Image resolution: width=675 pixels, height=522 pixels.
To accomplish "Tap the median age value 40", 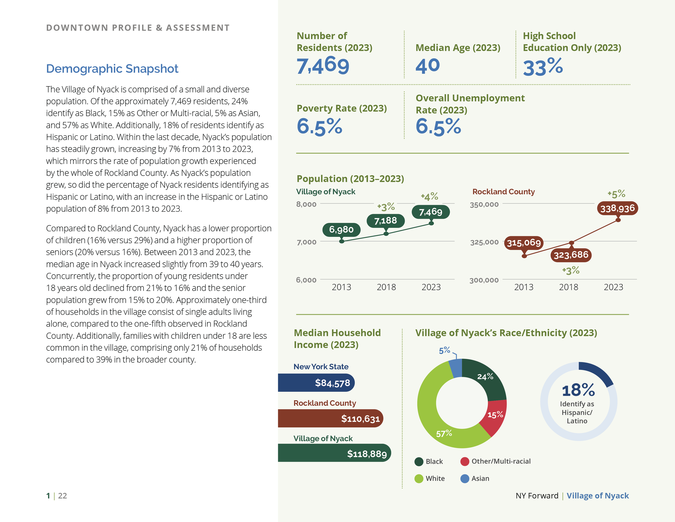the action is tap(427, 66).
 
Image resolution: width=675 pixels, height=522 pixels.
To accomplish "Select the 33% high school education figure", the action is tap(543, 67).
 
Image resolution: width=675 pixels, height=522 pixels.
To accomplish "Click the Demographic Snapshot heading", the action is tap(112, 69).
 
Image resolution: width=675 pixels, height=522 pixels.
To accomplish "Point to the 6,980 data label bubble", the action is tap(341, 230).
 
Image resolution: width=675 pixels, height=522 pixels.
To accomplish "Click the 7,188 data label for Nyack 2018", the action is tap(385, 221).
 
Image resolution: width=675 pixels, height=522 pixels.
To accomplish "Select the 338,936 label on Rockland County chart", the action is tap(617, 208).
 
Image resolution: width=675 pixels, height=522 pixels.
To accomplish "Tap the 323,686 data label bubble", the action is tap(571, 255).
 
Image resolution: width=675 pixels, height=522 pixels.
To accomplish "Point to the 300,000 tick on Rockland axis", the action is tap(484, 280).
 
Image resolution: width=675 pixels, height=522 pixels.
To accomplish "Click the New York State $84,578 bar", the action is tap(316, 383).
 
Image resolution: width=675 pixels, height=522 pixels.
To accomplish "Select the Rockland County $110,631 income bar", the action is tap(330, 419).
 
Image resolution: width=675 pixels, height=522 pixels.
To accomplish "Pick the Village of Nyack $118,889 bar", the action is tap(335, 453).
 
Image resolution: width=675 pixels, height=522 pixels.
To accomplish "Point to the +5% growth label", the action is tap(616, 194).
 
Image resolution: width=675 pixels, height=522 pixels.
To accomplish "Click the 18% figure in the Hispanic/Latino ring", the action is tap(578, 390).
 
